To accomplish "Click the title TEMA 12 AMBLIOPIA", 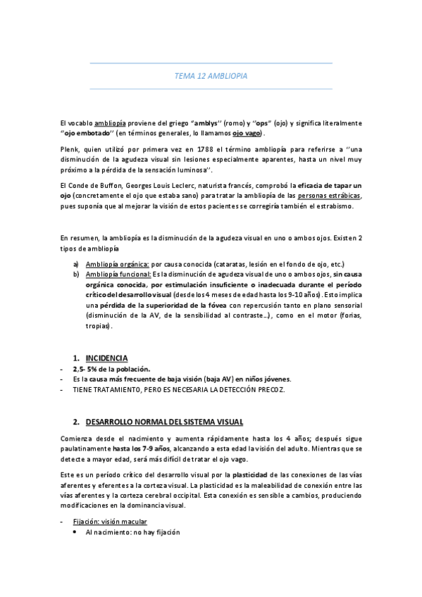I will [x=211, y=75].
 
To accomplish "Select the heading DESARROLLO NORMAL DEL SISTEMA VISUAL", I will [x=164, y=422].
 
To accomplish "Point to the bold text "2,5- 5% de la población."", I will [x=111, y=369].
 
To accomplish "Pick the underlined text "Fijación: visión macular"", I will [x=110, y=522].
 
